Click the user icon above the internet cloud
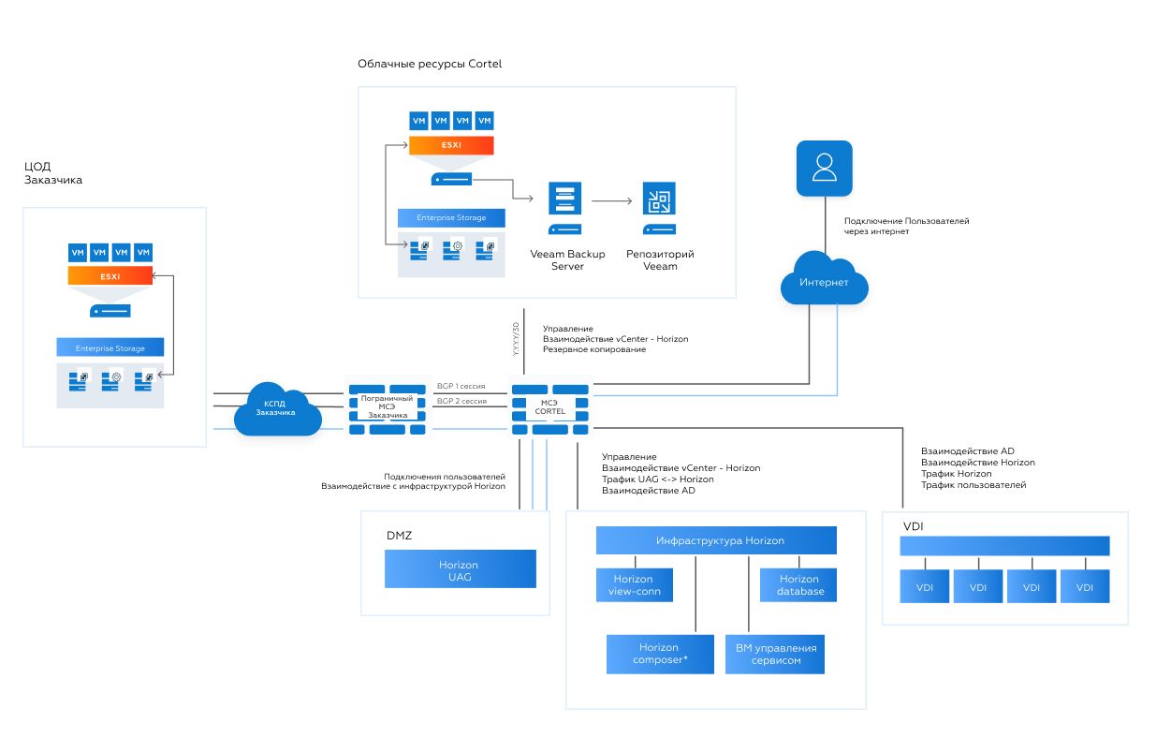coord(824,169)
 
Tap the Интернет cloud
coord(824,282)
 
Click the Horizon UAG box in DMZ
coord(460,569)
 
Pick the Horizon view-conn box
coord(634,584)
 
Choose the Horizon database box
coord(798,584)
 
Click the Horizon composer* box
coord(659,654)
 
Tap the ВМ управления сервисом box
coord(775,654)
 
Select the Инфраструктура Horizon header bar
coord(716,540)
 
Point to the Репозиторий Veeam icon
coord(659,209)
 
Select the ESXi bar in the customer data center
coord(110,275)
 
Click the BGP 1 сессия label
coord(461,386)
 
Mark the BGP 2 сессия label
coord(461,401)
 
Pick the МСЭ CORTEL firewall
coord(550,408)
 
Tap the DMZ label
coord(399,536)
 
